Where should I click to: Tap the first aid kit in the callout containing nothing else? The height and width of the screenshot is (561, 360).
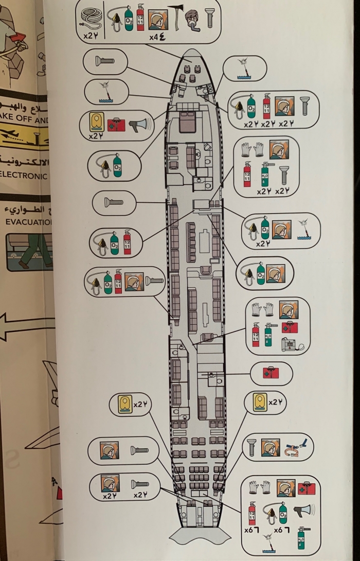[271, 373]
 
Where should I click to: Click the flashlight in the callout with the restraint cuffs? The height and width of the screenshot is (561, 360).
[251, 447]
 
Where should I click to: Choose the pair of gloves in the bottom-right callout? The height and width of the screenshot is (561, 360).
[261, 487]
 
